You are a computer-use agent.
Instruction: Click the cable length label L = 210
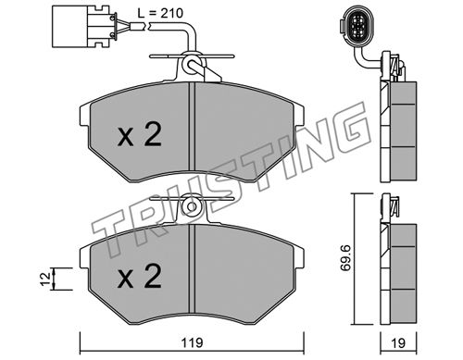click(x=160, y=13)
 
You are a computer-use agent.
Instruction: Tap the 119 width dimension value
click(x=192, y=342)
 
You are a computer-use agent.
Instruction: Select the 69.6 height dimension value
click(x=345, y=257)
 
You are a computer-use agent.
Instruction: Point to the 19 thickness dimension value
click(x=398, y=342)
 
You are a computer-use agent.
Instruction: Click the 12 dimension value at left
click(x=45, y=279)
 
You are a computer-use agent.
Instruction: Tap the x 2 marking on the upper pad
click(x=140, y=134)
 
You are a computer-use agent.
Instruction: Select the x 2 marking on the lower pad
click(x=140, y=277)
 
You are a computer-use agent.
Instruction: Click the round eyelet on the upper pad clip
click(x=191, y=64)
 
